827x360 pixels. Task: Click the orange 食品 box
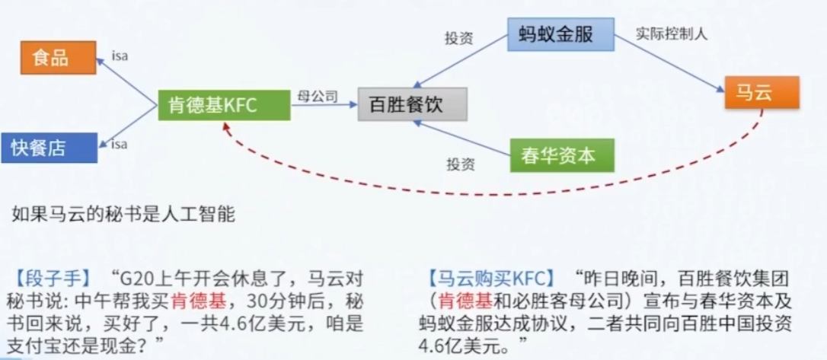[x=58, y=58]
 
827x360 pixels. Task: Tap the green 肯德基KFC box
[x=224, y=106]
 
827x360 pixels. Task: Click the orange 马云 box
[x=759, y=93]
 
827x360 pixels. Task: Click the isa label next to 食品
[x=120, y=55]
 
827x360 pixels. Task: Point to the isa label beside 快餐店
[x=120, y=144]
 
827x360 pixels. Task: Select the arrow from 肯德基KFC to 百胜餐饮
[x=324, y=107]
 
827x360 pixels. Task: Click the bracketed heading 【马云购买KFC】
[x=490, y=273]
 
